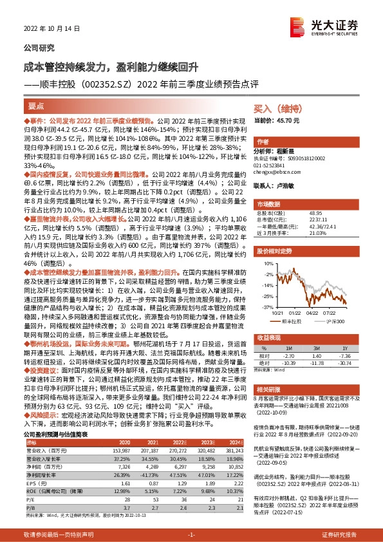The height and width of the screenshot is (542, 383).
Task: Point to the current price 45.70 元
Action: coord(286,120)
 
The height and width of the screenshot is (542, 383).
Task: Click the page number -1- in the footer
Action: coord(191,534)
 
